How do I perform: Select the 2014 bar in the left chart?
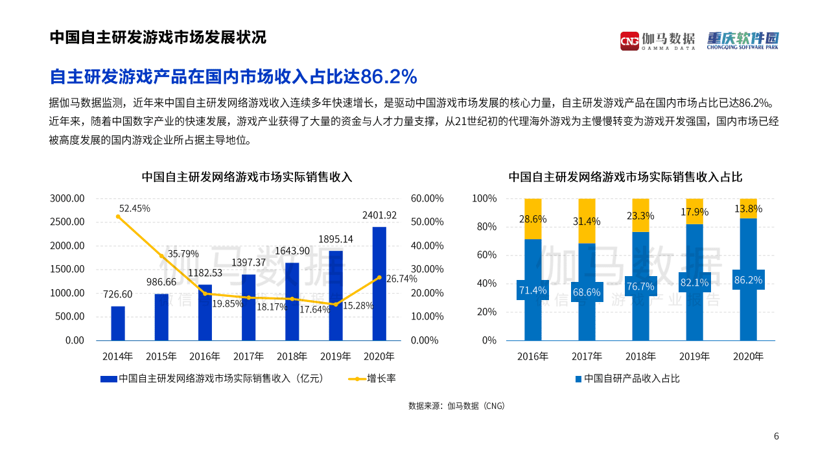[x=117, y=323]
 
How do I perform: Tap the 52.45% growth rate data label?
[x=135, y=208]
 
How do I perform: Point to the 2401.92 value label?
[x=379, y=215]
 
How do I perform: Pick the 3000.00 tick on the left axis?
[x=67, y=198]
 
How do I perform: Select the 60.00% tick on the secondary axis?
[x=427, y=198]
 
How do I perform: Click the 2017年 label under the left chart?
[x=248, y=356]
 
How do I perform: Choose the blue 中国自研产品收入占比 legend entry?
[x=627, y=379]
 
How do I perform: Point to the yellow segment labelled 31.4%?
[x=587, y=221]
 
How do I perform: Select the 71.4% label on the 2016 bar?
[x=532, y=290]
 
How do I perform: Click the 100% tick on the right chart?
[x=484, y=198]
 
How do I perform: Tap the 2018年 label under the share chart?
[x=640, y=356]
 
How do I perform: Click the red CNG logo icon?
[x=629, y=40]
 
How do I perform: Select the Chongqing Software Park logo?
[x=742, y=40]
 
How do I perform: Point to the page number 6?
[x=776, y=436]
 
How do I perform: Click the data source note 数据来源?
[x=456, y=406]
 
